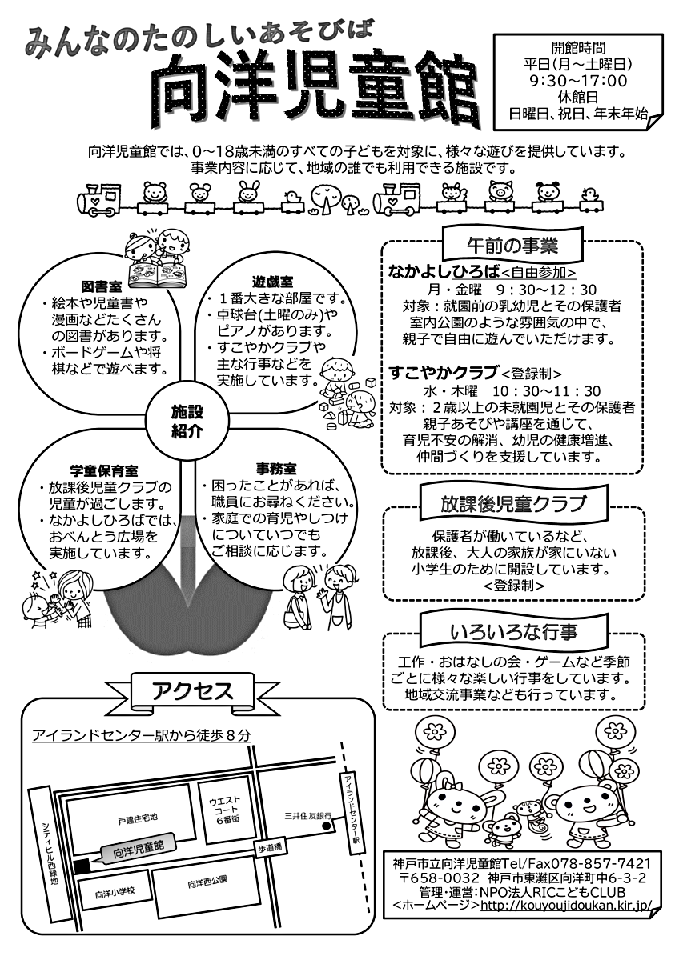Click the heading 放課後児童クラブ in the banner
pos(512,504)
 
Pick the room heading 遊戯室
pos(272,282)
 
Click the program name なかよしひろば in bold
pos(443,271)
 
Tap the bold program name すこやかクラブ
pos(443,372)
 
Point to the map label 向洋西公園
pos(207,882)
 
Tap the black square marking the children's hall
pos(81,866)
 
